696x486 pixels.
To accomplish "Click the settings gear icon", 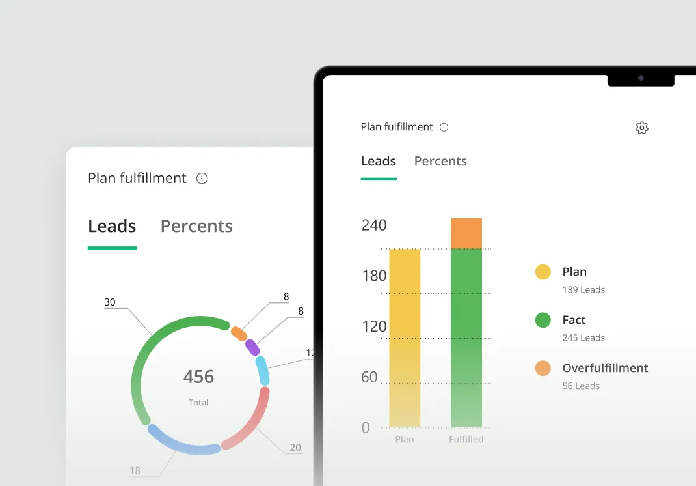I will (642, 128).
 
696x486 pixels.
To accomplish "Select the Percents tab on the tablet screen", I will (440, 162).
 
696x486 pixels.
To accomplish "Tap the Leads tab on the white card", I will (112, 226).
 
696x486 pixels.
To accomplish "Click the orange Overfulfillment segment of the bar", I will (466, 233).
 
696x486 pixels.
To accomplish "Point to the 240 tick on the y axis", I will (374, 225).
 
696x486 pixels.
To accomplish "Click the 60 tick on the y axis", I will (369, 377).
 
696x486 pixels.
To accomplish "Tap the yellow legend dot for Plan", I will (543, 272).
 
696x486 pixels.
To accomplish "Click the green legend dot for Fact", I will (543, 320).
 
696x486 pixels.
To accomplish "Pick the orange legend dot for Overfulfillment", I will (543, 368).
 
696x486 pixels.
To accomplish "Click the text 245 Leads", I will (583, 337).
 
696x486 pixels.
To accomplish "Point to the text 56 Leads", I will (581, 386).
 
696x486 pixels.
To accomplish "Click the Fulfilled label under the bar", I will (466, 440).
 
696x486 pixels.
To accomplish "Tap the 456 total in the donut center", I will (198, 377).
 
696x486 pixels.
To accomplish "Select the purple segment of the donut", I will (252, 347).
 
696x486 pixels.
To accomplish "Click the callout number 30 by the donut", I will (110, 302).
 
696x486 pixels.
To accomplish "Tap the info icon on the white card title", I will (202, 179).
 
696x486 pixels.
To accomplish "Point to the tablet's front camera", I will (641, 78).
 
